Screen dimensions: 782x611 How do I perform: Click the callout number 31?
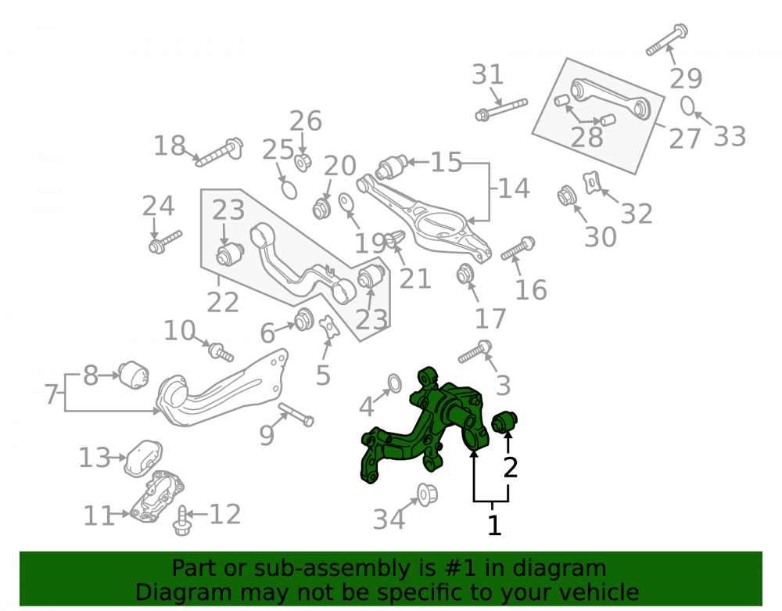tap(488, 75)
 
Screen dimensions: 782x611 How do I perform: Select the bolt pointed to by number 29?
tap(667, 39)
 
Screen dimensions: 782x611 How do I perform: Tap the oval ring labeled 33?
tap(687, 106)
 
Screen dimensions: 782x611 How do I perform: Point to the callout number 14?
tap(513, 189)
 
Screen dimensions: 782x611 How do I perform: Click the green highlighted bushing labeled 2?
tap(504, 422)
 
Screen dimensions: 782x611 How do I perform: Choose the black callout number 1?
tap(493, 525)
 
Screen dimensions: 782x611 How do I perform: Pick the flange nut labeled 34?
tap(427, 494)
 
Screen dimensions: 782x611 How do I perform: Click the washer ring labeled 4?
tap(394, 383)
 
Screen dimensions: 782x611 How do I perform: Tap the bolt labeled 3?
tap(475, 351)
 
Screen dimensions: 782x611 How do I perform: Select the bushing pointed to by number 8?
tap(134, 375)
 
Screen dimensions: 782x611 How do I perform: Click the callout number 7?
tap(52, 394)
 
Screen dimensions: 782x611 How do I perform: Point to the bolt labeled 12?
tap(182, 521)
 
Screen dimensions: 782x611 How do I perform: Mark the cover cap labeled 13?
tap(143, 458)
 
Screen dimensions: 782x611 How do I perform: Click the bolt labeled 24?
tap(165, 242)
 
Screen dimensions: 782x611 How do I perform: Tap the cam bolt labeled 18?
tap(218, 152)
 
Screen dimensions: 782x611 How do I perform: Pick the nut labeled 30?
tap(566, 196)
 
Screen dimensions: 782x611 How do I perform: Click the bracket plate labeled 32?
tap(591, 182)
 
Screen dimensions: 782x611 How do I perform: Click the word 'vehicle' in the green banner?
tap(599, 592)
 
